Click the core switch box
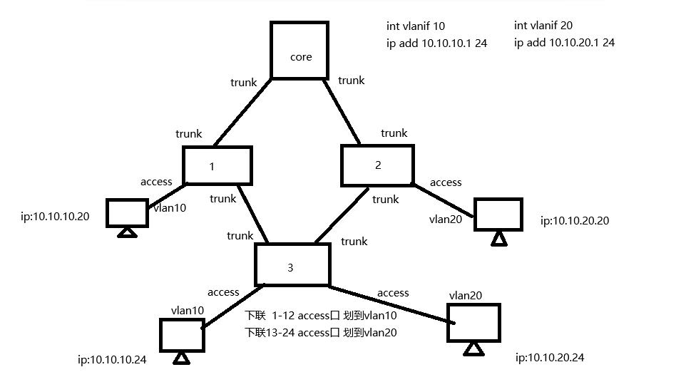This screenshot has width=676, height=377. pyautogui.click(x=300, y=50)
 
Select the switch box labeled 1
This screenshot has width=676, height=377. pyautogui.click(x=217, y=165)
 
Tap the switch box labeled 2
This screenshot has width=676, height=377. pyautogui.click(x=377, y=165)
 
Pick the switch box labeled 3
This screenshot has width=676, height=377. pyautogui.click(x=292, y=264)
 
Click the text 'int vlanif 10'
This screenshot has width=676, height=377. pyautogui.click(x=415, y=26)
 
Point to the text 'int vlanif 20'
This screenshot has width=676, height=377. pyautogui.click(x=543, y=26)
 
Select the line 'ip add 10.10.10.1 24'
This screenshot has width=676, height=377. pyautogui.click(x=426, y=43)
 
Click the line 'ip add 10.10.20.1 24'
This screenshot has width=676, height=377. pyautogui.click(x=564, y=43)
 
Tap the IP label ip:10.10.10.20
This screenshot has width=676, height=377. pyautogui.click(x=56, y=215)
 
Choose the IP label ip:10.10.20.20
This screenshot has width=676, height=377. pyautogui.click(x=575, y=220)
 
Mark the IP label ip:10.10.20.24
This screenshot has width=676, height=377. pyautogui.click(x=550, y=357)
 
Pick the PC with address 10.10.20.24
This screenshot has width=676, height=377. pyautogui.click(x=473, y=324)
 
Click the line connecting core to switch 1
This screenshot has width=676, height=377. pyautogui.click(x=242, y=111)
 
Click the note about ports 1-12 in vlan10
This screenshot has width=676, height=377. pyautogui.click(x=321, y=315)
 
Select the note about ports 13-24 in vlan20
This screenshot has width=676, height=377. pyautogui.click(x=321, y=332)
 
